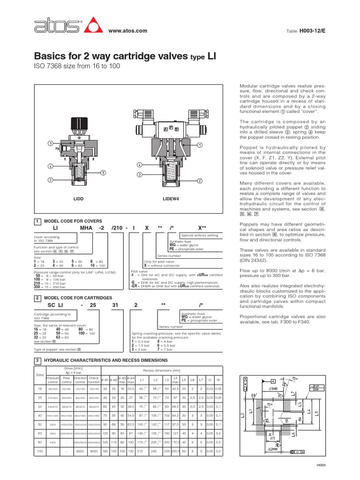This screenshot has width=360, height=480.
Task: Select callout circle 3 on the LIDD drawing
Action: (103, 172)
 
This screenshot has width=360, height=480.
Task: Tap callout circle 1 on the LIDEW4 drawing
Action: (200, 145)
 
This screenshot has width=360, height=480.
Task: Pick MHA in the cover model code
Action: (86, 228)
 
